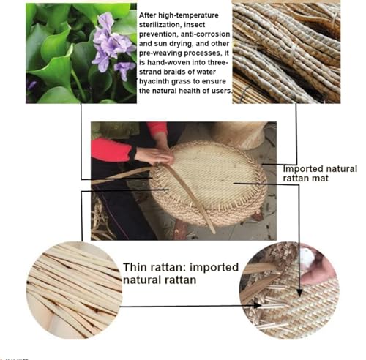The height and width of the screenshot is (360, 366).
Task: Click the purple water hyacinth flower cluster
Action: [113, 46]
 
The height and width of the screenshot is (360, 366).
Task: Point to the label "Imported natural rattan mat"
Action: [320, 173]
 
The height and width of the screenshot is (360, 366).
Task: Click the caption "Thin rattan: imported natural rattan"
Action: [181, 274]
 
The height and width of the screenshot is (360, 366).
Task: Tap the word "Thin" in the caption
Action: [135, 267]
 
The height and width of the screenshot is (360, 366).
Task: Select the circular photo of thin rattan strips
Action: [74, 290]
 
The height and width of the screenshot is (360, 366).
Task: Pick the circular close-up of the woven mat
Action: [289, 290]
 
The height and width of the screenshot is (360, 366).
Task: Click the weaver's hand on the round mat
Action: [155, 155]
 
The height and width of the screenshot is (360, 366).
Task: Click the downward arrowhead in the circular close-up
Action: [299, 292]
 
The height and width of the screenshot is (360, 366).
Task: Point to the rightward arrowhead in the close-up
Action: [258, 305]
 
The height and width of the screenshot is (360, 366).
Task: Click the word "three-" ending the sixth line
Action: [218, 62]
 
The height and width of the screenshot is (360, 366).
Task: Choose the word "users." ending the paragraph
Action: [222, 91]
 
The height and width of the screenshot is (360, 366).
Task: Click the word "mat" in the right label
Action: [321, 179]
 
